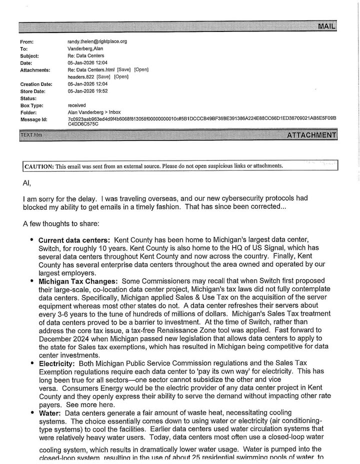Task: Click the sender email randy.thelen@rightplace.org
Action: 97,41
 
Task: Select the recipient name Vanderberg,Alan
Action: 85,49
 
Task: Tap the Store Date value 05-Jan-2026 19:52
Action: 87,91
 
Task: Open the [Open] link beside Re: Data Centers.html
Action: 141,70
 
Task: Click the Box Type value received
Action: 76,105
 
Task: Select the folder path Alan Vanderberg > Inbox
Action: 94,112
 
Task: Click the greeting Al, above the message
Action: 26,183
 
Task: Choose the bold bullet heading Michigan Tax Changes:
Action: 78,281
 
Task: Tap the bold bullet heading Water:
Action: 50,413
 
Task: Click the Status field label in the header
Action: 29,98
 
